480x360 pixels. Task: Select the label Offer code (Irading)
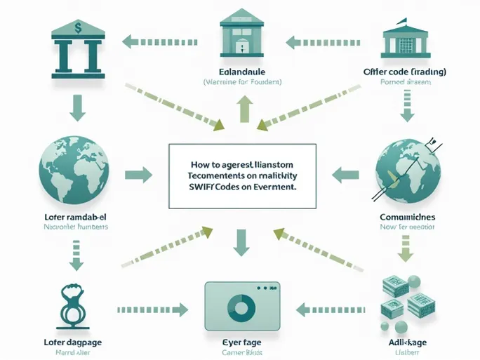[405, 72]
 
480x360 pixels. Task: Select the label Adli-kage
[407, 342]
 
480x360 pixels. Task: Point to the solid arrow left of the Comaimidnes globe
[345, 173]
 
